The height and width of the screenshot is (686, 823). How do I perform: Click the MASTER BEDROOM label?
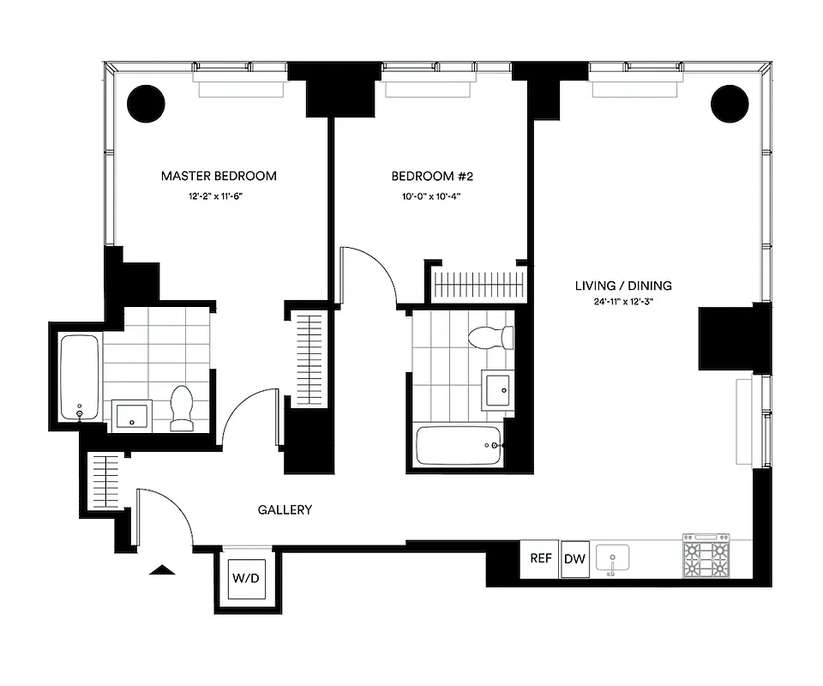click(219, 176)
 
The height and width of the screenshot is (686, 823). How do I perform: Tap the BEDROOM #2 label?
click(432, 176)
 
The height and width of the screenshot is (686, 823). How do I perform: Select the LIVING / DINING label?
click(623, 286)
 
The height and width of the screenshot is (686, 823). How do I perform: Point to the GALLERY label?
click(285, 509)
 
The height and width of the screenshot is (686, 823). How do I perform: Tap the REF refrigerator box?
click(540, 558)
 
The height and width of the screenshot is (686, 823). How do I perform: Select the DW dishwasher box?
click(574, 559)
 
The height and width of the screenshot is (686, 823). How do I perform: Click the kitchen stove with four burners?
click(706, 557)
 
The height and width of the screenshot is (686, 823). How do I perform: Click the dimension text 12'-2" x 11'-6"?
click(219, 196)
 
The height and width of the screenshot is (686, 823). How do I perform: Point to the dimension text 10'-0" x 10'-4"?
click(432, 196)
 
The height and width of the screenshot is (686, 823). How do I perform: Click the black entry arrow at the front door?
click(162, 568)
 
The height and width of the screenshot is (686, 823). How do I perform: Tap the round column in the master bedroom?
click(146, 104)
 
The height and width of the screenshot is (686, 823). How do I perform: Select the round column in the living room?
click(729, 104)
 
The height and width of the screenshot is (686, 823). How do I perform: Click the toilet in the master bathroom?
click(182, 408)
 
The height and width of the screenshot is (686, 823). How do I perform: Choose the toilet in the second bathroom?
click(493, 337)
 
